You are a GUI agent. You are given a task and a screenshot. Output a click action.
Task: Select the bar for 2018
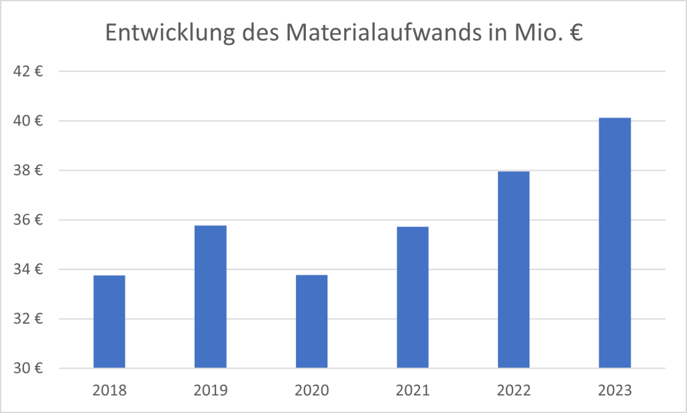coord(109,322)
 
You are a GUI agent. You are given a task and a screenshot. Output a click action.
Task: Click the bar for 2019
coord(210,297)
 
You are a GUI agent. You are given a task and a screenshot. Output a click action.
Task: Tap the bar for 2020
coord(311,322)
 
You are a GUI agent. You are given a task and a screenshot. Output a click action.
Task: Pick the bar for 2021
coord(413,297)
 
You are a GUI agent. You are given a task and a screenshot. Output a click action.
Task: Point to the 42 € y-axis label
coord(29,71)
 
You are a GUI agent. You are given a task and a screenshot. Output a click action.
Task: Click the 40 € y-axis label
coord(29,121)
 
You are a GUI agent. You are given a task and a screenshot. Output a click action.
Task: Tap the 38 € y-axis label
coord(29,171)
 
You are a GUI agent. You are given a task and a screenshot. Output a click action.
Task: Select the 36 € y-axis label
coord(29,220)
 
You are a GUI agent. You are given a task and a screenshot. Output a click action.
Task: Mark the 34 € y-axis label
coord(29,269)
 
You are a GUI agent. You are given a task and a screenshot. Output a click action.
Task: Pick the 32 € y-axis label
coord(29,319)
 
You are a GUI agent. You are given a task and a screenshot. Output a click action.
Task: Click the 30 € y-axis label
coord(29,369)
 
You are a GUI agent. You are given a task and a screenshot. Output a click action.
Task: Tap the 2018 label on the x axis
coord(109,389)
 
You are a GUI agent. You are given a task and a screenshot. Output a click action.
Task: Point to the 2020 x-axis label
coord(311,389)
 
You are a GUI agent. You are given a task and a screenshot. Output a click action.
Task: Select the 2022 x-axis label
coord(514,389)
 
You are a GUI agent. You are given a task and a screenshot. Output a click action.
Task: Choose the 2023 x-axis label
coord(615,389)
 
